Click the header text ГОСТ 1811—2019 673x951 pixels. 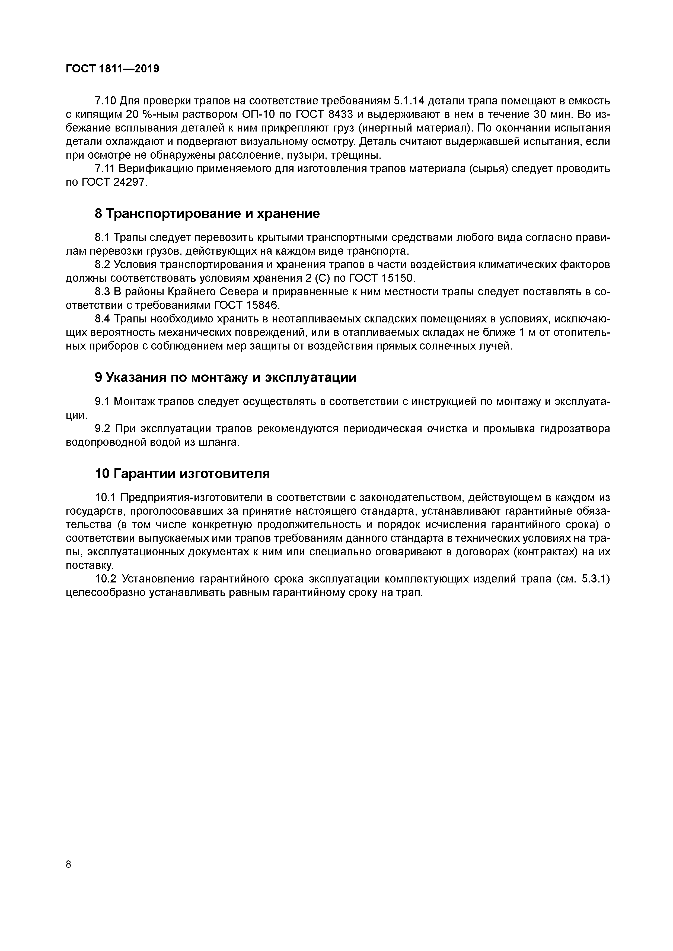pos(112,69)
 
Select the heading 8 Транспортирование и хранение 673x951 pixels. pos(207,214)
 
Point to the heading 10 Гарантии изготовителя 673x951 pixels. pos(182,473)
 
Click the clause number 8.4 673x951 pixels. pos(102,319)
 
